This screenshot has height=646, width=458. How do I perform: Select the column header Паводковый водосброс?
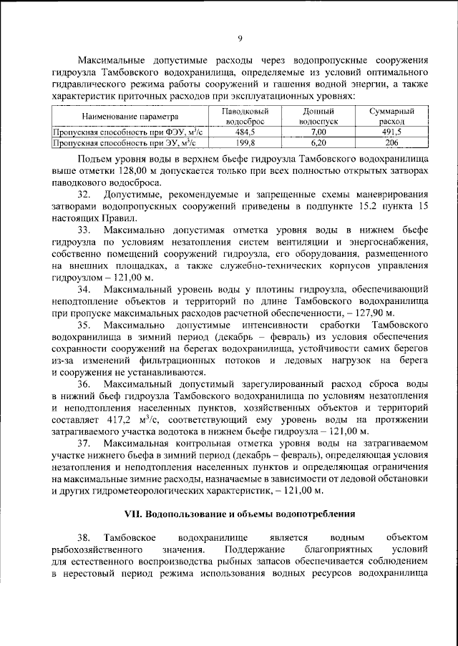pyautogui.click(x=245, y=117)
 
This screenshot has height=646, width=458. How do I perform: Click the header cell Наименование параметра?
pyautogui.click(x=129, y=117)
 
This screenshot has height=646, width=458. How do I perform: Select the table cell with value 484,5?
pyautogui.click(x=245, y=132)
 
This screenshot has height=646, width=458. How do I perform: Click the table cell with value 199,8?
pyautogui.click(x=245, y=142)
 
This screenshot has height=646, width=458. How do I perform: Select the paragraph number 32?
pyautogui.click(x=85, y=195)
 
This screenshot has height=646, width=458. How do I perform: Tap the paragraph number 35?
pyautogui.click(x=85, y=326)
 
